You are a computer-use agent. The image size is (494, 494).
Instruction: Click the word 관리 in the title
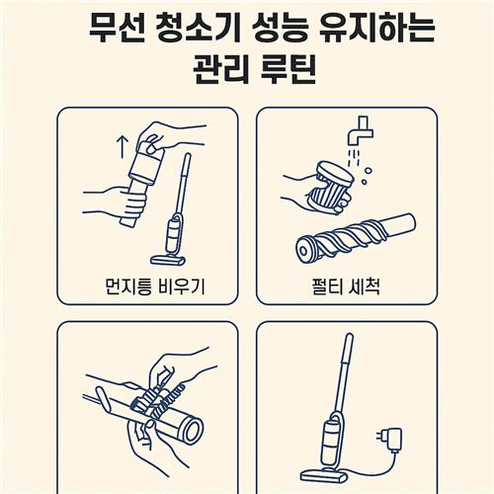click(220, 69)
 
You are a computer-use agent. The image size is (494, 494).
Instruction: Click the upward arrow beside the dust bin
click(123, 147)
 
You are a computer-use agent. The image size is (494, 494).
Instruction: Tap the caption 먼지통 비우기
click(155, 287)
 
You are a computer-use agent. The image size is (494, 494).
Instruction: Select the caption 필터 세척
click(346, 287)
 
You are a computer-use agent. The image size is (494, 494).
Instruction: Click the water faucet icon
click(361, 129)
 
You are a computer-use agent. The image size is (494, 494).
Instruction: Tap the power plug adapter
click(390, 440)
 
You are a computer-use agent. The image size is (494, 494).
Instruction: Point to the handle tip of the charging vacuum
click(349, 338)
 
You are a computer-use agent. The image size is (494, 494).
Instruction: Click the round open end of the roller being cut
click(194, 430)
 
